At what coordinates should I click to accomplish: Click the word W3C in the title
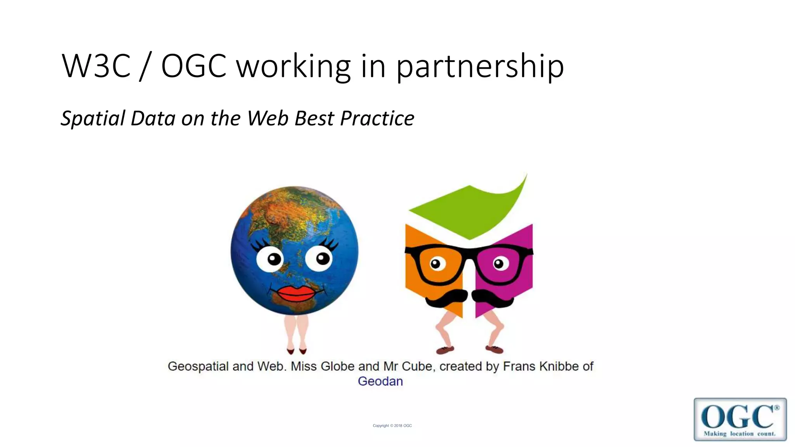pos(96,66)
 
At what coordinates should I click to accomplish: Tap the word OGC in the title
pos(194,66)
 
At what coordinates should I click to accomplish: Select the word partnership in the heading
pos(480,67)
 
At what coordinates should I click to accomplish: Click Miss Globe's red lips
pos(297,294)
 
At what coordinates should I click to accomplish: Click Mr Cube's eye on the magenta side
pos(500,264)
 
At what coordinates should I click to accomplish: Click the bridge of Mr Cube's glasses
pos(469,254)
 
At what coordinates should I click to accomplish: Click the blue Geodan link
pos(380,381)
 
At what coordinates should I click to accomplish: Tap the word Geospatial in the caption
pos(198,367)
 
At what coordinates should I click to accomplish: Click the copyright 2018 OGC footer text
pos(392,426)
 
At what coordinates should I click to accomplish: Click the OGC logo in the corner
pos(740,419)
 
